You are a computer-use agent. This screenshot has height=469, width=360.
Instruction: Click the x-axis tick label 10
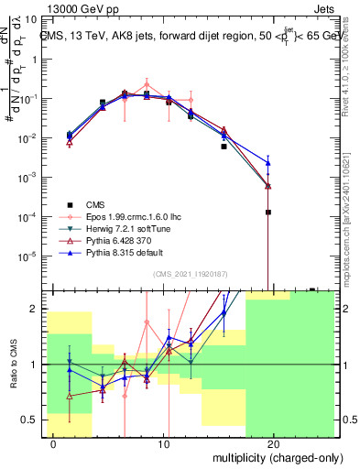coord(164,443)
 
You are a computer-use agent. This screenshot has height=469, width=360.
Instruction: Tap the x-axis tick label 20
coord(274,443)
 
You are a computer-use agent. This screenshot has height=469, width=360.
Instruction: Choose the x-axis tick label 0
coord(54,443)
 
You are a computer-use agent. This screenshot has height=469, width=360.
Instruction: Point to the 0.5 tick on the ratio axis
coord(31,420)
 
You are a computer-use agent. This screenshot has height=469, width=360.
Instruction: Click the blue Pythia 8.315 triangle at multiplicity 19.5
coord(267,163)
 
